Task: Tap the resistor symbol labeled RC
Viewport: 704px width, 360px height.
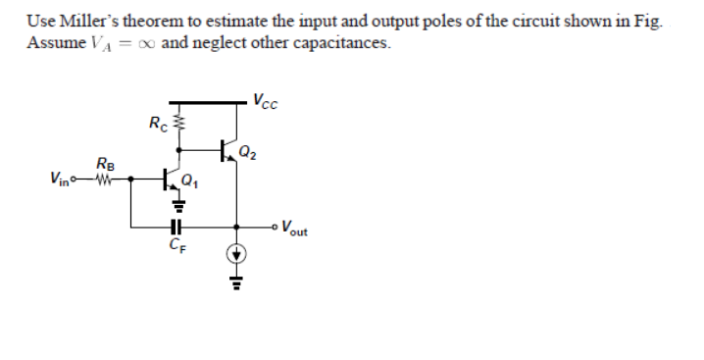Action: pos(178,125)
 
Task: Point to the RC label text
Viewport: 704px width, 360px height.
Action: pos(157,123)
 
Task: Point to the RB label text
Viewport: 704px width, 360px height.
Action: pos(105,163)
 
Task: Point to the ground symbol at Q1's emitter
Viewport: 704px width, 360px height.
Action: pos(178,207)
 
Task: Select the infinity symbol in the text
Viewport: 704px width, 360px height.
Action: pos(147,44)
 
